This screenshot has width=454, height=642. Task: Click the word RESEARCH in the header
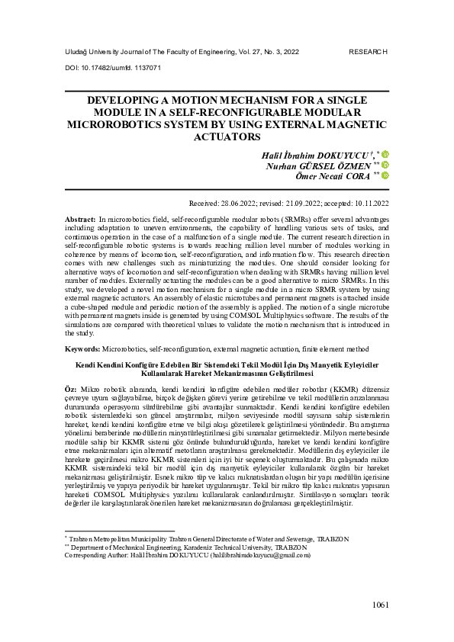click(x=369, y=52)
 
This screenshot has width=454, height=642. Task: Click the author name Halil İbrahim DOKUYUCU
click(x=326, y=153)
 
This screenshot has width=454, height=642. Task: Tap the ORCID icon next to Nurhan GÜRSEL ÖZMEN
click(x=385, y=165)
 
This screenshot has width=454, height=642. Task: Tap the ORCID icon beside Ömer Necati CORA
click(x=385, y=175)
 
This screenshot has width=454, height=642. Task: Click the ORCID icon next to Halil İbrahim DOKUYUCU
click(x=385, y=154)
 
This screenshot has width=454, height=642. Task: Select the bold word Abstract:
click(x=80, y=218)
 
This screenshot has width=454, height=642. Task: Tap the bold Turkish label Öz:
click(x=71, y=389)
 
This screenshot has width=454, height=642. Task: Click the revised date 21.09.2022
click(x=300, y=204)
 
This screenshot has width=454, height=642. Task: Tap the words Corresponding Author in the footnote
click(x=93, y=555)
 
